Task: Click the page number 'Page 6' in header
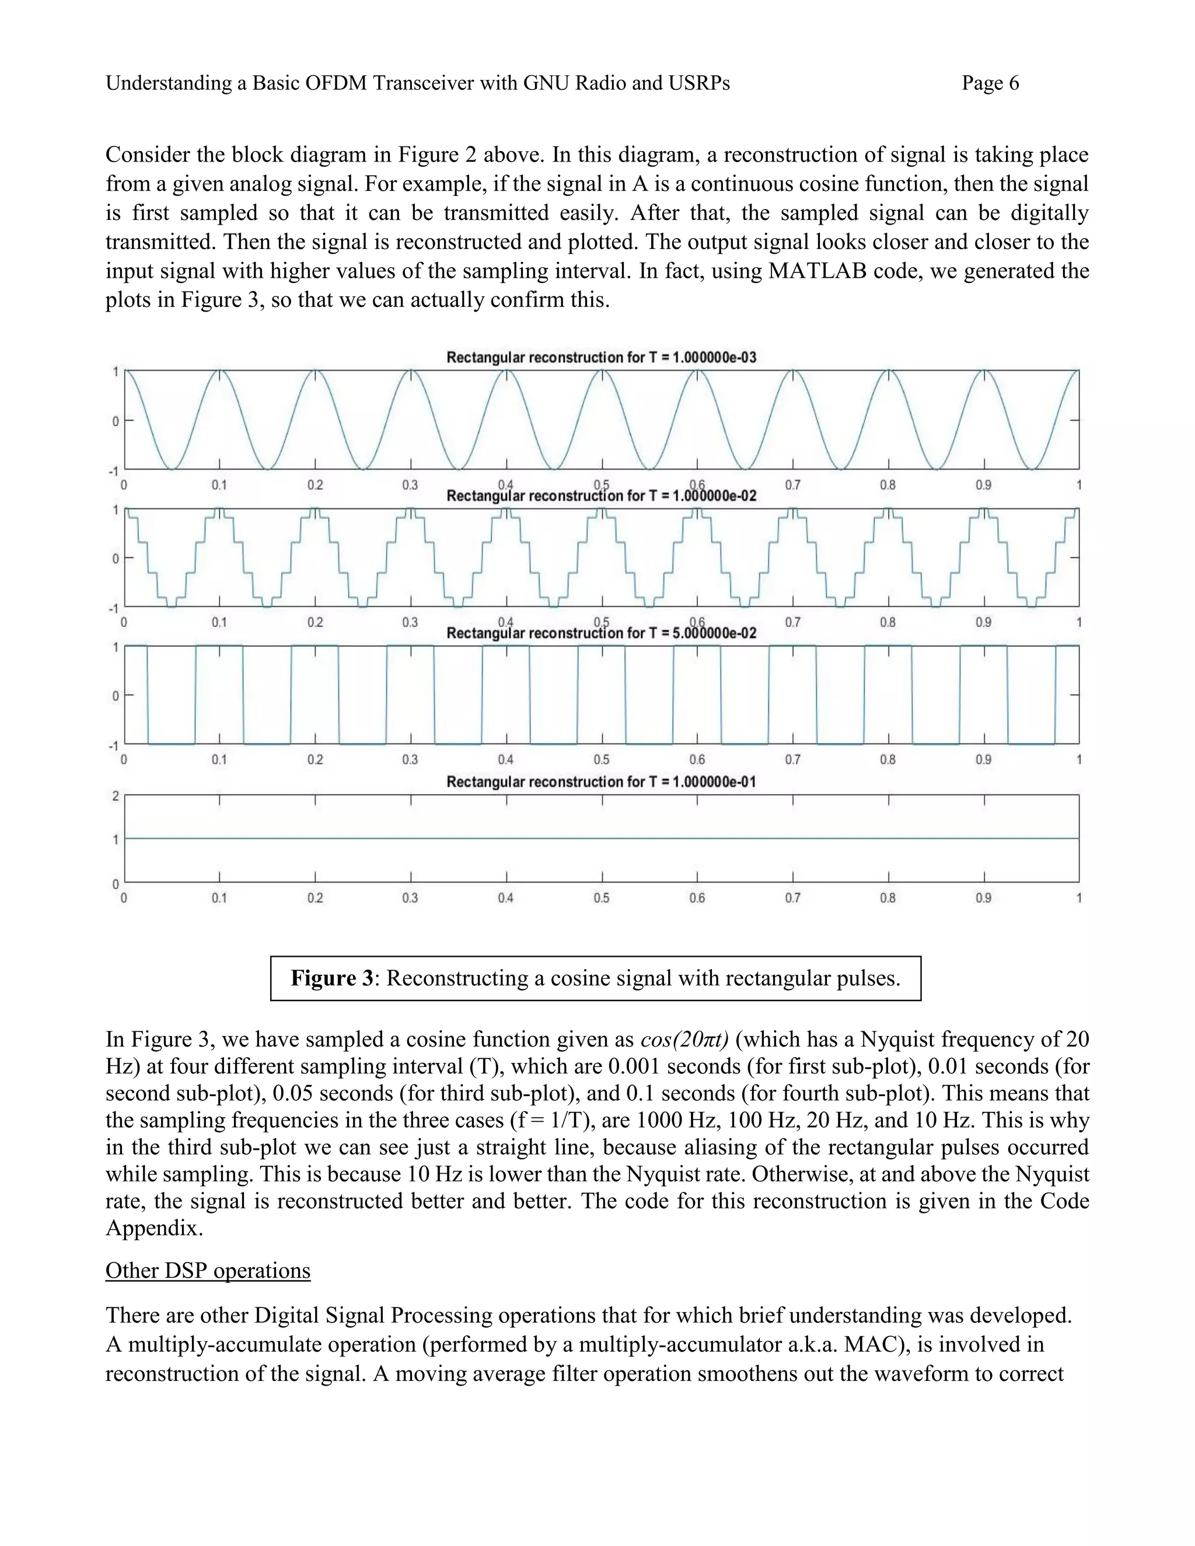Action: point(990,83)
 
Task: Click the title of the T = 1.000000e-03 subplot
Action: point(601,358)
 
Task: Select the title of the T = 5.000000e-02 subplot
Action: point(601,633)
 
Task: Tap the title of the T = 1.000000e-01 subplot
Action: point(601,782)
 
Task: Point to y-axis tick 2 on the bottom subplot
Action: point(116,796)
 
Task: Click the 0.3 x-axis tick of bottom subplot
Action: point(410,898)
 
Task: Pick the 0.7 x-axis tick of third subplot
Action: point(792,760)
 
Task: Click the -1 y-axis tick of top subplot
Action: point(113,471)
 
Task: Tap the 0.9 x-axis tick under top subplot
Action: point(983,485)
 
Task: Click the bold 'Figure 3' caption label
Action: point(331,978)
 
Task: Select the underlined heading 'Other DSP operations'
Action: point(207,1271)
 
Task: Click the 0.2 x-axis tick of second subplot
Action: point(315,622)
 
